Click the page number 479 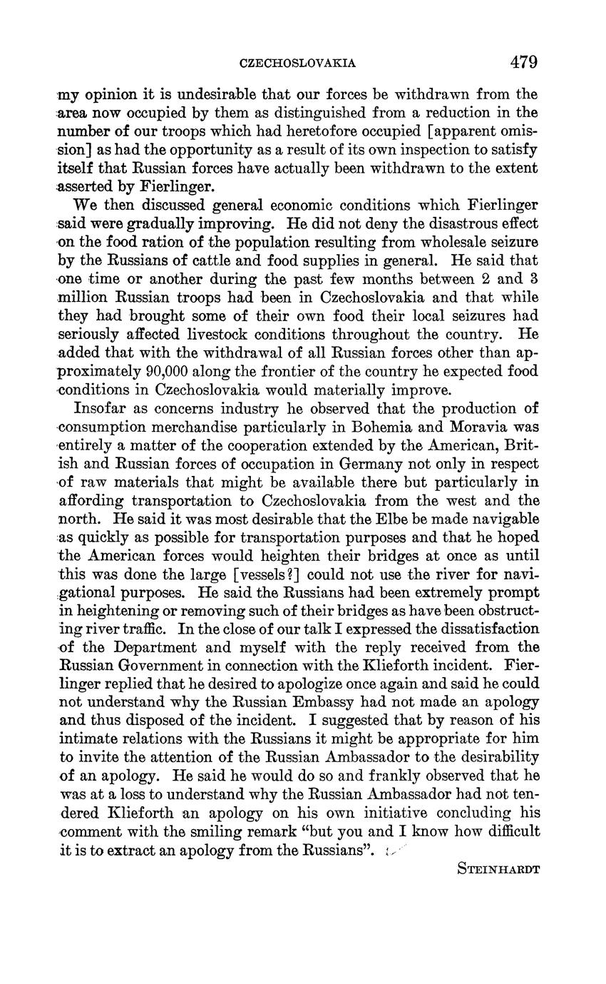(523, 62)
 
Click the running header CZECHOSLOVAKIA (297, 64)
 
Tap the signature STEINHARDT (498, 869)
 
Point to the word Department (152, 648)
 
